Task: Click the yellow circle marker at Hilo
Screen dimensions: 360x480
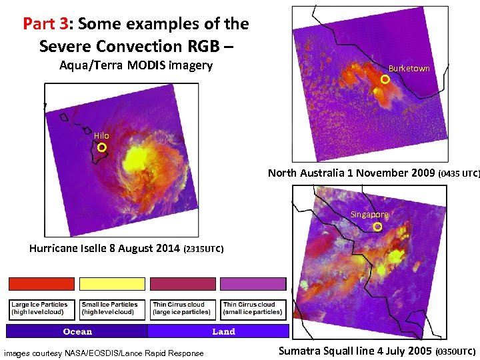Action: click(x=103, y=147)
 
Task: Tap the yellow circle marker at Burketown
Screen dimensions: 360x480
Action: click(x=385, y=79)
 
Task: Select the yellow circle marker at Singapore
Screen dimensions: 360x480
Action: click(x=377, y=227)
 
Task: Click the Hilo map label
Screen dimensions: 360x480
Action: click(x=101, y=136)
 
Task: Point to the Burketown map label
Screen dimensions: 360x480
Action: click(x=409, y=69)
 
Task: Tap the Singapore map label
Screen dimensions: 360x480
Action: click(x=369, y=215)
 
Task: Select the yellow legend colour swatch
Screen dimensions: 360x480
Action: click(x=112, y=283)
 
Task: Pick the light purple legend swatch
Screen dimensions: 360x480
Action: click(x=253, y=283)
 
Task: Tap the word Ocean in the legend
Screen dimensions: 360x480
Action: click(x=77, y=331)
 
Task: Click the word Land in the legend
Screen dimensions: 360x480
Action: click(x=223, y=331)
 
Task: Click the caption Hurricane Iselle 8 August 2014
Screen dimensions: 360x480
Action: click(x=105, y=249)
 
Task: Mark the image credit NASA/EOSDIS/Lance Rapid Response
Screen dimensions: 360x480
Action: click(x=104, y=353)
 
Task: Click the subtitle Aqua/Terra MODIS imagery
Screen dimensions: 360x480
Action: click(x=136, y=65)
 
